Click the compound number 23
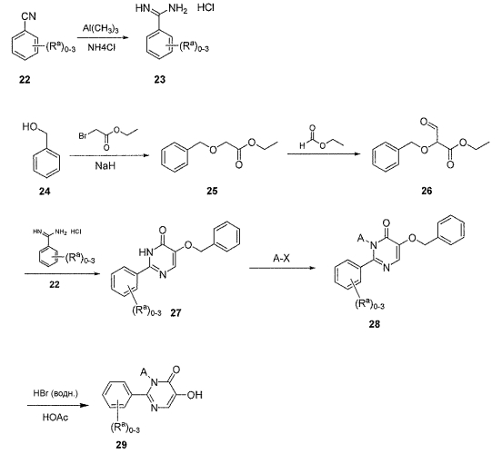(159, 79)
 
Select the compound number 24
(45, 192)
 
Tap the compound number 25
(212, 191)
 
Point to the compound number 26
(427, 191)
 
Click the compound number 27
(176, 312)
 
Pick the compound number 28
(374, 324)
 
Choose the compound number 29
(121, 444)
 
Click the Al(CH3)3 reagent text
(101, 29)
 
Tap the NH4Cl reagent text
(102, 48)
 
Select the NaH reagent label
(105, 165)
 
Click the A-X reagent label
(281, 258)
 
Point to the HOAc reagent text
(55, 418)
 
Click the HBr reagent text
(55, 393)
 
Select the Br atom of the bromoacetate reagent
(83, 136)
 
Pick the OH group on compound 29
(195, 395)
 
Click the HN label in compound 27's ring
(146, 252)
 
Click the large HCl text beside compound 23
(206, 7)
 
